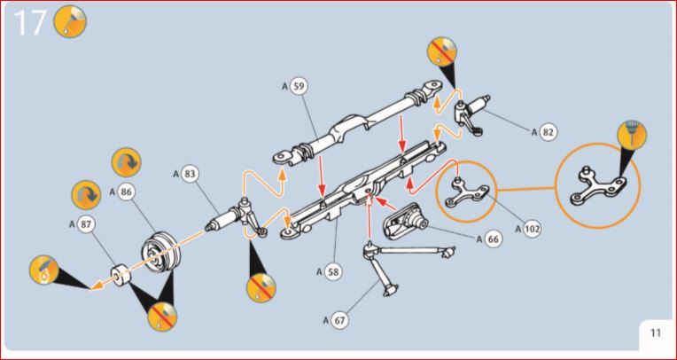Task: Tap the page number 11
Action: pos(656,333)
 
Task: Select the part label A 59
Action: pos(294,86)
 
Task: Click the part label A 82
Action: pos(544,132)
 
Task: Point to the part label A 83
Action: pos(184,174)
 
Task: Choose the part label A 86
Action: pos(122,192)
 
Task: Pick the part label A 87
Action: pos(82,224)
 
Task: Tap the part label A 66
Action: pos(490,239)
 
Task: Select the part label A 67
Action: pos(336,321)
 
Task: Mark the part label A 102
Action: pos(527,229)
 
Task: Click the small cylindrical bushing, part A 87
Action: pos(121,274)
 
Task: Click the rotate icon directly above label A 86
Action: pos(127,162)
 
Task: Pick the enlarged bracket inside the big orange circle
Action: pos(598,186)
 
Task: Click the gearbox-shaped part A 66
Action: pos(406,221)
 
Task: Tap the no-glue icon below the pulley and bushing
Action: pos(162,317)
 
